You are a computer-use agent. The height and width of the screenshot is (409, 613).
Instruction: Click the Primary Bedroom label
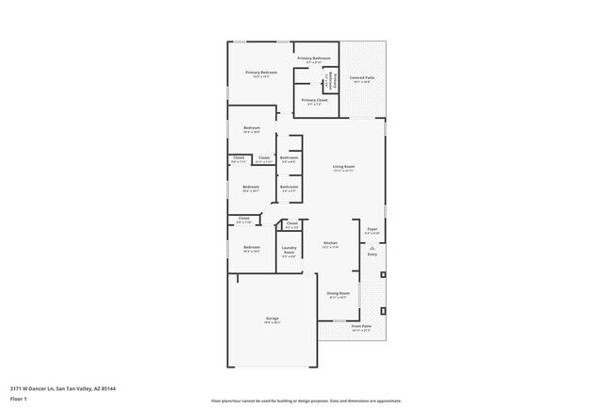[261, 73]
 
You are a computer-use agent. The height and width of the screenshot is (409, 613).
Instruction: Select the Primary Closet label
[314, 100]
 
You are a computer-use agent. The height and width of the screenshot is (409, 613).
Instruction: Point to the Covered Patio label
[362, 78]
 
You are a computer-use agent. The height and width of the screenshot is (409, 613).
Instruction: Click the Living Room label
[343, 168]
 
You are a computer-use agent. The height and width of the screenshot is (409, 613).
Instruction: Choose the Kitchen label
[330, 243]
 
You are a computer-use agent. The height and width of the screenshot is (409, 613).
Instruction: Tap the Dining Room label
[338, 293]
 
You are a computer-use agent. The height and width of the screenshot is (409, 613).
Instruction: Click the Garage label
[272, 319]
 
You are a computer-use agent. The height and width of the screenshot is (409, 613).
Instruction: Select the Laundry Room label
[290, 252]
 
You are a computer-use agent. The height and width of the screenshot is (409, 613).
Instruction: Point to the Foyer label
[372, 230]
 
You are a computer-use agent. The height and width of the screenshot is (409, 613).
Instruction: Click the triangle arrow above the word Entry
[372, 247]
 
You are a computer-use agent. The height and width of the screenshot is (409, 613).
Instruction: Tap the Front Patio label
[361, 326]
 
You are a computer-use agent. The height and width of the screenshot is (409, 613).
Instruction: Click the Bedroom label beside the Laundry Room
[251, 248]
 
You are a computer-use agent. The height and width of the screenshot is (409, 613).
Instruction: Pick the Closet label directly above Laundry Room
[291, 223]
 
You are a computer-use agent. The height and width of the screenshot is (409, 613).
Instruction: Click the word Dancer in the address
[42, 387]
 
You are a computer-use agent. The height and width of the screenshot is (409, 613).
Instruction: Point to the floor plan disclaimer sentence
[306, 401]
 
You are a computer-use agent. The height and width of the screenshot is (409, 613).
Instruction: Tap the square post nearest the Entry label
[383, 274]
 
